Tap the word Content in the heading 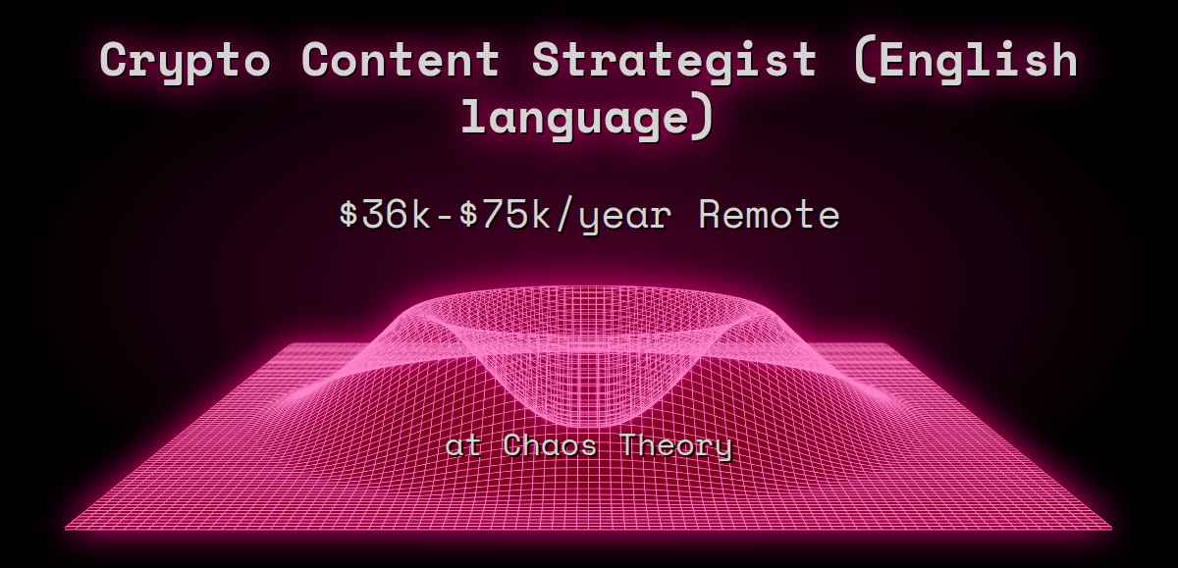pyautogui.click(x=401, y=61)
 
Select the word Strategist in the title pyautogui.click(x=674, y=61)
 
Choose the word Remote pyautogui.click(x=769, y=215)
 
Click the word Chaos pyautogui.click(x=553, y=446)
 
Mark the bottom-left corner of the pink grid pyautogui.click(x=67, y=529)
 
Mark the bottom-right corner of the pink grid pyautogui.click(x=1110, y=529)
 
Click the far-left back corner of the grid pyautogui.click(x=285, y=344)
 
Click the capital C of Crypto pyautogui.click(x=117, y=61)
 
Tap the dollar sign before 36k pyautogui.click(x=347, y=215)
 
